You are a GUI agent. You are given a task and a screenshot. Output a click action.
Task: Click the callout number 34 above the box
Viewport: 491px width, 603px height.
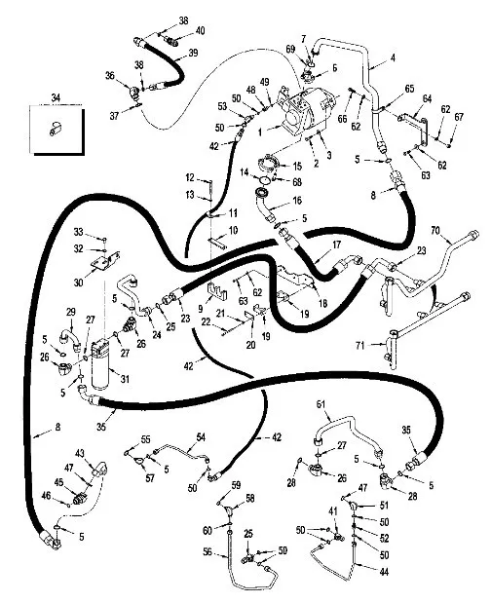click(x=56, y=97)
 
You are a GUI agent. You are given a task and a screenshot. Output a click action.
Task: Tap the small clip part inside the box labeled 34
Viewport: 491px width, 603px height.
click(x=56, y=129)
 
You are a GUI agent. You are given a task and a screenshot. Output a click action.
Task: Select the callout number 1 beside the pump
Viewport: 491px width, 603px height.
click(x=260, y=132)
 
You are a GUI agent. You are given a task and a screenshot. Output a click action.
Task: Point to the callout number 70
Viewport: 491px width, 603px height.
click(x=435, y=231)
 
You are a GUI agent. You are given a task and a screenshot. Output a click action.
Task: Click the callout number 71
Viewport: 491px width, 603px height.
click(x=360, y=346)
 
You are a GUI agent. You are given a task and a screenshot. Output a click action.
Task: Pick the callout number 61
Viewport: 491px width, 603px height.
click(x=321, y=404)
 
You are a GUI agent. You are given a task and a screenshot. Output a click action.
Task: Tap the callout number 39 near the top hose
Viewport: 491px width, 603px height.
click(x=193, y=53)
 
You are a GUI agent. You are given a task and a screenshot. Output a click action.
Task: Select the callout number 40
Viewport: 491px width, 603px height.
click(x=200, y=30)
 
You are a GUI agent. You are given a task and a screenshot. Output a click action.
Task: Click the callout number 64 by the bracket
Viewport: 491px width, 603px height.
click(x=427, y=98)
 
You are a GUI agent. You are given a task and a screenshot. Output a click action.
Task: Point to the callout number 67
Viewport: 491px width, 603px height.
click(x=459, y=117)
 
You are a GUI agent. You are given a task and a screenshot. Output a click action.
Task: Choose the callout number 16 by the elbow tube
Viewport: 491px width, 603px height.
click(x=297, y=200)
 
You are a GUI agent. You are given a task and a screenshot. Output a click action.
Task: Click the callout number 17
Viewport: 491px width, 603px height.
click(x=336, y=245)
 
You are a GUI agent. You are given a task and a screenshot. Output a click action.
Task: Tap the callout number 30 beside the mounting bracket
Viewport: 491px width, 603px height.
click(x=79, y=283)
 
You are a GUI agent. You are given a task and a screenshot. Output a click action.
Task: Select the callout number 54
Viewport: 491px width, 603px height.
click(x=201, y=437)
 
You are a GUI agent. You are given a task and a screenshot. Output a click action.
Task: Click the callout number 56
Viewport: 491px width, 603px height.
click(x=208, y=551)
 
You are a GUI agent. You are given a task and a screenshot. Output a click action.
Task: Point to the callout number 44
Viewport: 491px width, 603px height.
click(x=384, y=572)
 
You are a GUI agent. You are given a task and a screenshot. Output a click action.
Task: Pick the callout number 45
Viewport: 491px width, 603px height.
click(x=58, y=482)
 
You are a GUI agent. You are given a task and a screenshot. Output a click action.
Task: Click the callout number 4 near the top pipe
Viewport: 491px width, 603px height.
click(x=393, y=58)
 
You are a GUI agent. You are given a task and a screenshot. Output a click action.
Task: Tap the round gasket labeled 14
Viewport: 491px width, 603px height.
click(x=264, y=179)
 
